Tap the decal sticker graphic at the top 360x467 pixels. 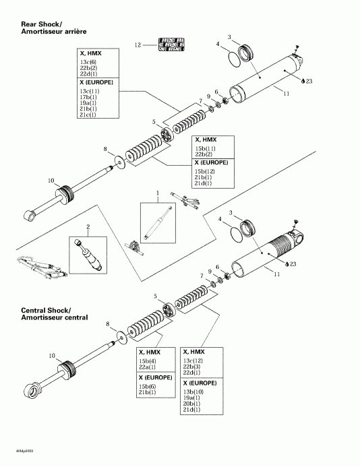coord(169,44)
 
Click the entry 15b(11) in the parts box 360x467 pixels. coord(205,148)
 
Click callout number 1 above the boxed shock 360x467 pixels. coord(157,193)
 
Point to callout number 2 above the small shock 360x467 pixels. coord(87,227)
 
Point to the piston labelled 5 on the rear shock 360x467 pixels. coord(161,131)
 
